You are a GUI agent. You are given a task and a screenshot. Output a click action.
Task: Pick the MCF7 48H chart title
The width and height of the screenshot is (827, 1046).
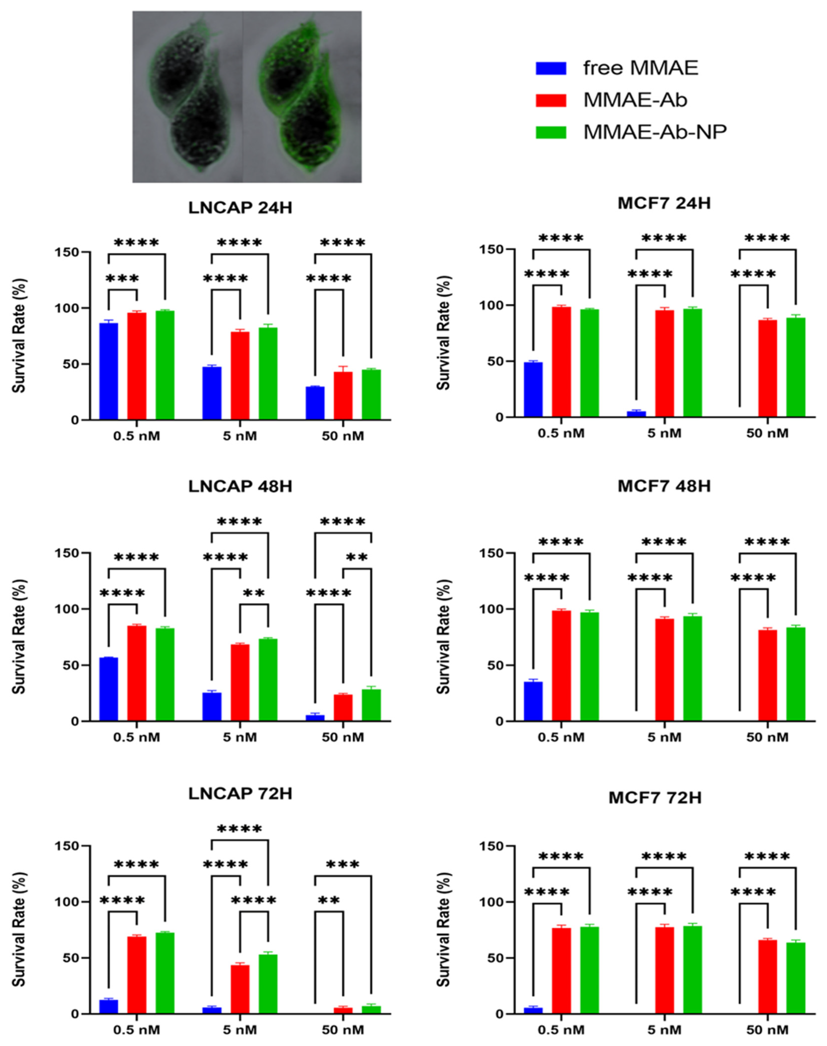[664, 486]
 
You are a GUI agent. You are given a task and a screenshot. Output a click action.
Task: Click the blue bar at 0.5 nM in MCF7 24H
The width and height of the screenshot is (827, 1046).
[533, 389]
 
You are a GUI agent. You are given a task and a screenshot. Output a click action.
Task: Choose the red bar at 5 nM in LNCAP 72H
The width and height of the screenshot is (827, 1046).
[240, 989]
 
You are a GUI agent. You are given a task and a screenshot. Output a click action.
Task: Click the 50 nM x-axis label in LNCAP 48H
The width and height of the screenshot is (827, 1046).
[343, 737]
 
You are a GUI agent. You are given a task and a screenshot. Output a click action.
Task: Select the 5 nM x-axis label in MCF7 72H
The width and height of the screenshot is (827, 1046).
[664, 1030]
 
